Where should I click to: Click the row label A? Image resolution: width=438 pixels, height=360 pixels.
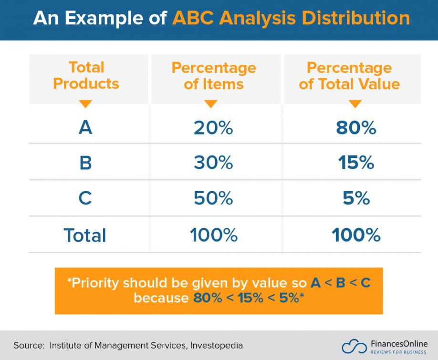click(85, 127)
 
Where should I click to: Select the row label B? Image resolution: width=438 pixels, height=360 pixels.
click(85, 163)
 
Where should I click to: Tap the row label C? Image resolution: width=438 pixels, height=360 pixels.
click(85, 198)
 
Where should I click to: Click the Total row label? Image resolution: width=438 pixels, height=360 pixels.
click(85, 235)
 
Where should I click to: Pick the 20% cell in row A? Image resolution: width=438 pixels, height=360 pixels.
click(213, 128)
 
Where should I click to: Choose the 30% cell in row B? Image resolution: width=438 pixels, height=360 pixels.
click(213, 163)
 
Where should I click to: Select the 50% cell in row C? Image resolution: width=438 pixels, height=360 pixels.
click(213, 198)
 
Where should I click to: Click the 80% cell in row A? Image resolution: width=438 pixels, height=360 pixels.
click(356, 128)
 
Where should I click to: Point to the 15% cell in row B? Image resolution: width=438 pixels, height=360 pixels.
click(356, 163)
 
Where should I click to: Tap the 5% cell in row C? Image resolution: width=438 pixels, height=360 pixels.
click(356, 198)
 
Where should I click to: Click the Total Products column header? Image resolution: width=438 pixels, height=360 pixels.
click(86, 75)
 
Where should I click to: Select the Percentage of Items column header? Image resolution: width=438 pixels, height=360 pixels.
click(214, 76)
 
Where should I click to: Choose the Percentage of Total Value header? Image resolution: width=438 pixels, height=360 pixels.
click(349, 76)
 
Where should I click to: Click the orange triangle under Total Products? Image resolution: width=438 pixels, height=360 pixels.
click(85, 103)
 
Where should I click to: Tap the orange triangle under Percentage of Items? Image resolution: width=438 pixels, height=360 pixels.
click(211, 103)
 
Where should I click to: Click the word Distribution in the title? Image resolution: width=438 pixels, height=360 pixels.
click(356, 18)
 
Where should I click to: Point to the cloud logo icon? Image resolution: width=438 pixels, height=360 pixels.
click(354, 346)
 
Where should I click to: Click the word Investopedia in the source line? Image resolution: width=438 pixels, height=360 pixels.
click(217, 346)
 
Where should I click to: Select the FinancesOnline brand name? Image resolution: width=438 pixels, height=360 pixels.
click(399, 343)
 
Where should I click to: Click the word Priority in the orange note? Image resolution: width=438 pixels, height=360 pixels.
click(95, 283)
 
